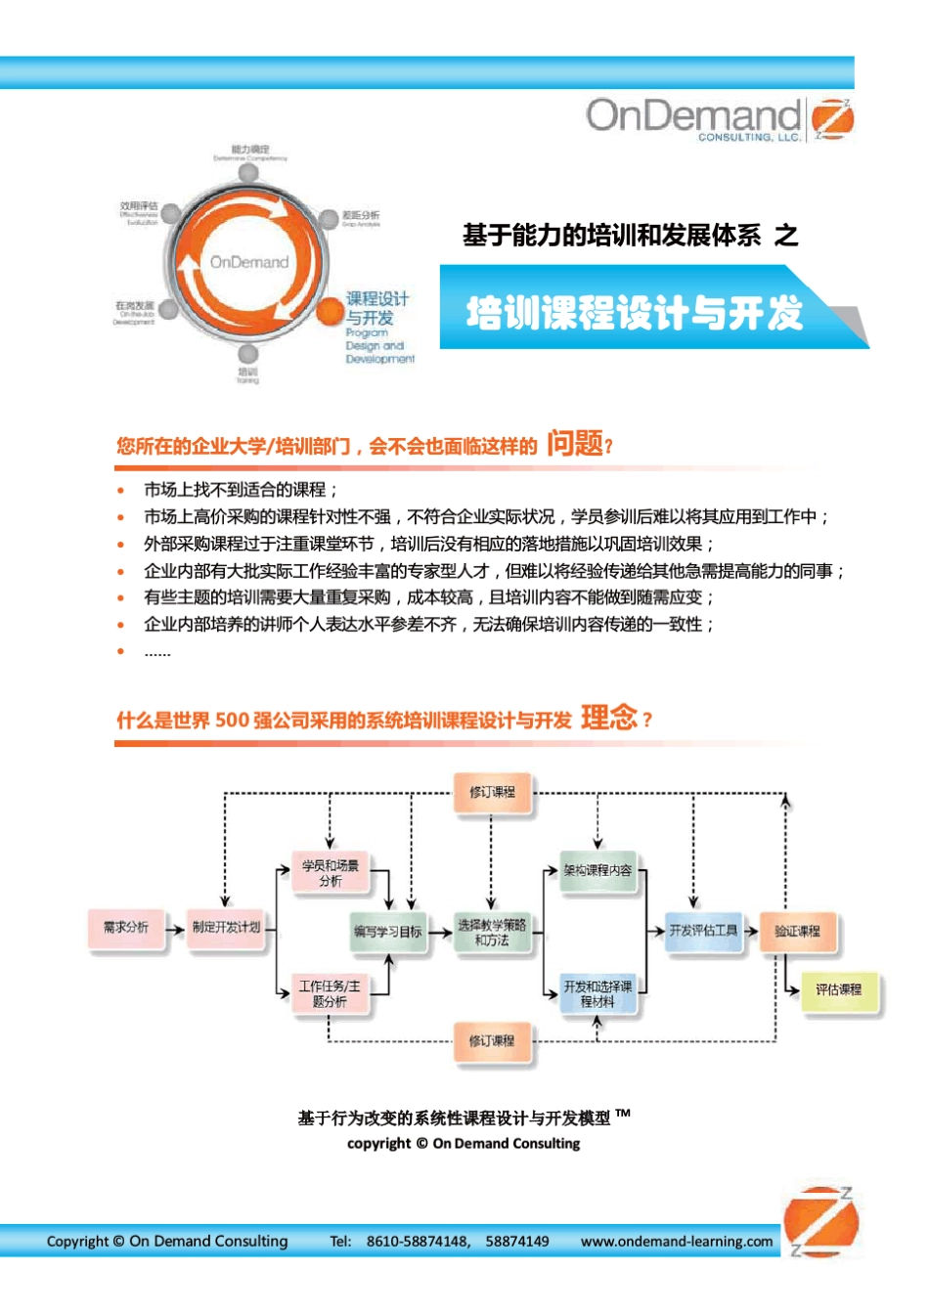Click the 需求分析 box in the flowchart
[x=126, y=928]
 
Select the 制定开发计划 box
[x=227, y=928]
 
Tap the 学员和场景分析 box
[x=331, y=873]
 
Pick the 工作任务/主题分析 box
[x=331, y=994]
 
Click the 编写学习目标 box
[x=388, y=932]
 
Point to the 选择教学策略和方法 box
[x=492, y=933]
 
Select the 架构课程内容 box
[x=597, y=870]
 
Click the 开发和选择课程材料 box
[x=597, y=994]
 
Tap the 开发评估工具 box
[x=703, y=931]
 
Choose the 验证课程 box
[x=797, y=932]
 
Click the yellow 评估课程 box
[x=839, y=990]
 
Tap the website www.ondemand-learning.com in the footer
[x=677, y=1242]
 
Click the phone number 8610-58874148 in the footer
[x=418, y=1242]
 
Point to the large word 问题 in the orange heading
[x=575, y=444]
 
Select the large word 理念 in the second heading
[x=608, y=718]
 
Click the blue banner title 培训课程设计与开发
[x=635, y=313]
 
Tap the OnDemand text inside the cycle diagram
[x=249, y=262]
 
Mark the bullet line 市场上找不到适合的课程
[x=241, y=490]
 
